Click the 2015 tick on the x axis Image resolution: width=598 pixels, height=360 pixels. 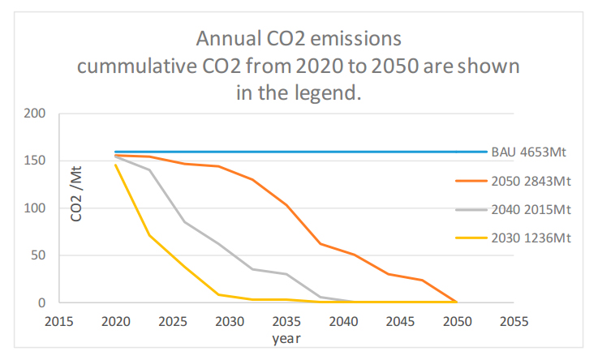click(x=59, y=322)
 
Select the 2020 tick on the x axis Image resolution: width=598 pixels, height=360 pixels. click(x=114, y=322)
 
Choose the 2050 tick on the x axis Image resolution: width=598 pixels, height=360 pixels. click(x=455, y=322)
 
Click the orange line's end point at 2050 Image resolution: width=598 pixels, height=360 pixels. click(x=455, y=302)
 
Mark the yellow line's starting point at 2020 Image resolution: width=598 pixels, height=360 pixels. click(x=115, y=165)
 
